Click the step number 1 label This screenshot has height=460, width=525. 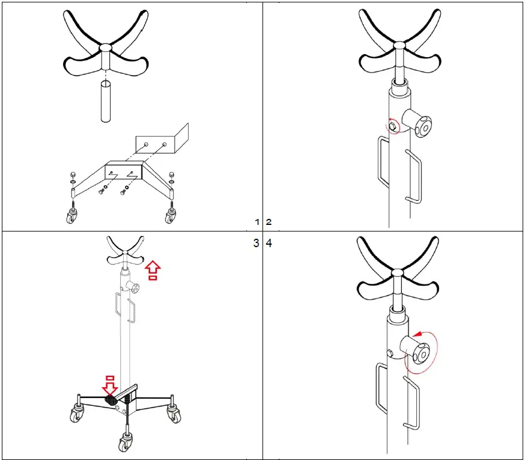click(x=257, y=222)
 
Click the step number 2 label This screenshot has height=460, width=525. click(x=269, y=222)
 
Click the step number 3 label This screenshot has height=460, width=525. click(x=256, y=244)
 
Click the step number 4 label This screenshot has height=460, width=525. click(x=269, y=244)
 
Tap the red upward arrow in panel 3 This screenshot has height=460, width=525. click(x=153, y=270)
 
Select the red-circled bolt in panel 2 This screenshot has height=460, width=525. click(x=392, y=126)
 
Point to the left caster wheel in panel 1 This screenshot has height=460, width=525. click(x=72, y=216)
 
